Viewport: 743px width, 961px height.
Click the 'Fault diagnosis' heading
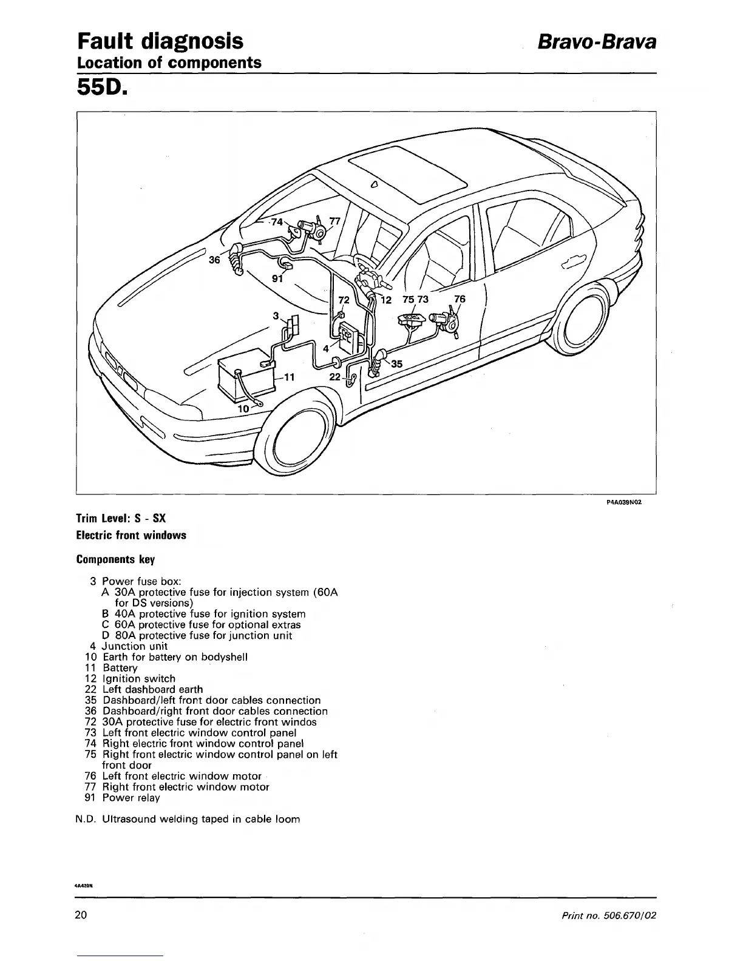tap(160, 41)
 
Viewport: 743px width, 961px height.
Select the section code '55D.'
tap(102, 89)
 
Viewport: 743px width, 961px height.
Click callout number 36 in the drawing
tap(214, 260)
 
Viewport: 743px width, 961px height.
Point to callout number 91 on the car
tap(277, 280)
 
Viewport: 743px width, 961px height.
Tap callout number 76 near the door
tap(460, 299)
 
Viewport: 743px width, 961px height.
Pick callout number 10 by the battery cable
tap(243, 409)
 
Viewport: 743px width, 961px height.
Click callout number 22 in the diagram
tap(334, 377)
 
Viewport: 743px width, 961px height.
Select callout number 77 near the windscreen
tap(334, 221)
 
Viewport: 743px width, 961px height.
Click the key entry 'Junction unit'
tap(134, 646)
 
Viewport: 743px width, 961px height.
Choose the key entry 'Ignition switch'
tap(139, 678)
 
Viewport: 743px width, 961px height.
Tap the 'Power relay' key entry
tap(131, 798)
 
